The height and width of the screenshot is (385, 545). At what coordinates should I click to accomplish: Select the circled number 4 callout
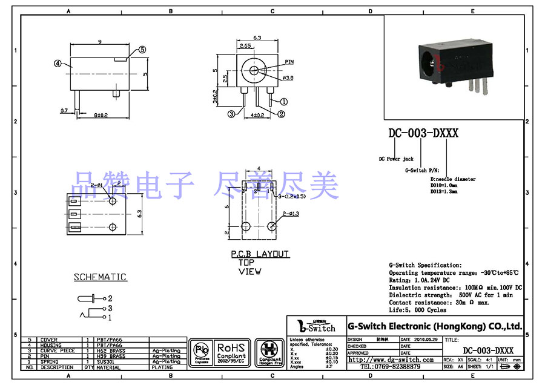[x=58, y=62]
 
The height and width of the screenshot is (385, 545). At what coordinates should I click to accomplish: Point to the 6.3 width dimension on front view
[x=257, y=38]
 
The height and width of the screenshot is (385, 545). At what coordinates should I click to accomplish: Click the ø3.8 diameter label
[x=288, y=78]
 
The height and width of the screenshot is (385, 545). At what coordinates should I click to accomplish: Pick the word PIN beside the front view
[x=289, y=62]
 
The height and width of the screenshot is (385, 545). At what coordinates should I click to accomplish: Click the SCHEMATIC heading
[x=101, y=277]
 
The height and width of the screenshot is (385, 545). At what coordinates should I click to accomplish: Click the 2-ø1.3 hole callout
[x=291, y=214]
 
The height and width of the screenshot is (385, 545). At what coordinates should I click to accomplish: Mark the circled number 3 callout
[x=231, y=114]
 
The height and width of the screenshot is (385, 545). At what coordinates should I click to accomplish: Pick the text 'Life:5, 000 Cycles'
[x=418, y=310]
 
